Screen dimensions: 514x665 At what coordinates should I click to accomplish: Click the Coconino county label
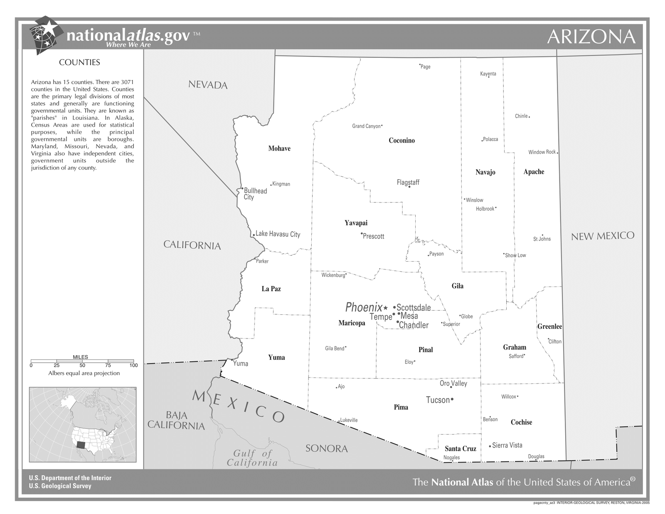tap(401, 141)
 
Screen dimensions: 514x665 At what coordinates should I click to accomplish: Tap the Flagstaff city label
tap(408, 182)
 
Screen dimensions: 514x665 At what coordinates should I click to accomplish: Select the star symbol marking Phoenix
tap(386, 308)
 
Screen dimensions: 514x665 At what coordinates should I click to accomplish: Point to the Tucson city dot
tap(452, 399)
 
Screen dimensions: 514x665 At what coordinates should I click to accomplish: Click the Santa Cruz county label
tap(460, 448)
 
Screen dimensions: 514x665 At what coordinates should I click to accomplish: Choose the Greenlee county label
tap(549, 326)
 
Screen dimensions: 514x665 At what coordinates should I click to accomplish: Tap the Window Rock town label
tap(542, 152)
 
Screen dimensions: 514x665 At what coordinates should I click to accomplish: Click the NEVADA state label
tap(208, 85)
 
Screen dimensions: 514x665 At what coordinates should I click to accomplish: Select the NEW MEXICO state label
tap(603, 236)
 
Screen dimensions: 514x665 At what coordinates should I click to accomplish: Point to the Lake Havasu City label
tap(278, 234)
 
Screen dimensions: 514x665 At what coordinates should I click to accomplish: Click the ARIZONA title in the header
tap(591, 37)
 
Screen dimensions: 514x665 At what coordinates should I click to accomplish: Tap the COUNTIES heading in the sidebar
tap(79, 62)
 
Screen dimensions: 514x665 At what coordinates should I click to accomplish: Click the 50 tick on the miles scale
tap(82, 366)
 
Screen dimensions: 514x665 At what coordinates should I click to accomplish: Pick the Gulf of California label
tap(252, 458)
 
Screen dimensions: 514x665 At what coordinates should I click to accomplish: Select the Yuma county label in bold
tap(276, 357)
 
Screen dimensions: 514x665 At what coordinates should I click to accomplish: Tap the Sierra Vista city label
tap(507, 445)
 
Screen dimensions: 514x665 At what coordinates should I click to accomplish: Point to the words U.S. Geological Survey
tap(60, 486)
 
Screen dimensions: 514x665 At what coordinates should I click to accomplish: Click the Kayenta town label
tap(488, 74)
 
